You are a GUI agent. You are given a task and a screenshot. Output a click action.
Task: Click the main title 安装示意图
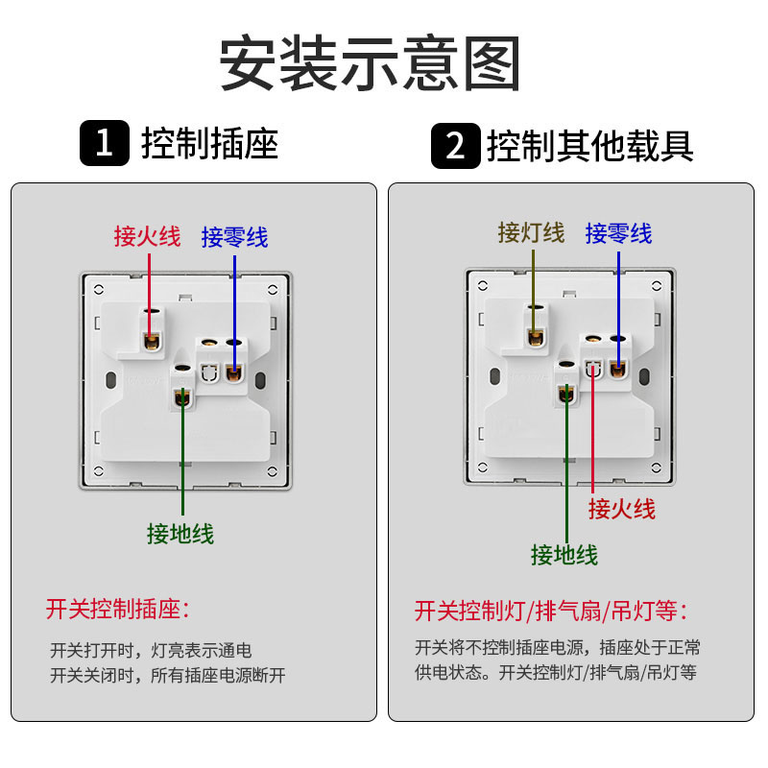tap(370, 64)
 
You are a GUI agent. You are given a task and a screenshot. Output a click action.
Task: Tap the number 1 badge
tap(104, 145)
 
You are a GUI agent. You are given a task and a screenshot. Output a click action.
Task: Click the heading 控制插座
tap(209, 144)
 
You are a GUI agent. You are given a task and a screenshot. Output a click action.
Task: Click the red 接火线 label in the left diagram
tap(147, 236)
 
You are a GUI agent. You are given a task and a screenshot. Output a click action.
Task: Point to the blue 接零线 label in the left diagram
tap(234, 236)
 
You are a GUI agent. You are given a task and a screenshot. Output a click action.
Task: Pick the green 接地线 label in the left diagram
tap(180, 533)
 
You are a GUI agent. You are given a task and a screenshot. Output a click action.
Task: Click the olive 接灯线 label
tap(531, 232)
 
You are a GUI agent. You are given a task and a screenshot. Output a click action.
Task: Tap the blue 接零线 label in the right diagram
tap(618, 232)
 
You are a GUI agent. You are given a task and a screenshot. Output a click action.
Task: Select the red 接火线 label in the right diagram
tap(621, 508)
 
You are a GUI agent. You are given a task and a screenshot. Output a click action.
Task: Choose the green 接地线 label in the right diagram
tap(564, 554)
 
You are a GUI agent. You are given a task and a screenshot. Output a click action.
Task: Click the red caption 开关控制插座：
tap(118, 609)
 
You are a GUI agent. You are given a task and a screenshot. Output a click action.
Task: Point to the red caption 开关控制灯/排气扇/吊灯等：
tap(552, 611)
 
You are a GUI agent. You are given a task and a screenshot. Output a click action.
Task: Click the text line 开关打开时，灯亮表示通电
tap(151, 650)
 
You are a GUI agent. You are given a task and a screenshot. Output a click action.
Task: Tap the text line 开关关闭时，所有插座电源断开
tap(168, 675)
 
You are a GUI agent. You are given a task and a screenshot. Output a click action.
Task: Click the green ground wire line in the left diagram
tap(180, 461)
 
